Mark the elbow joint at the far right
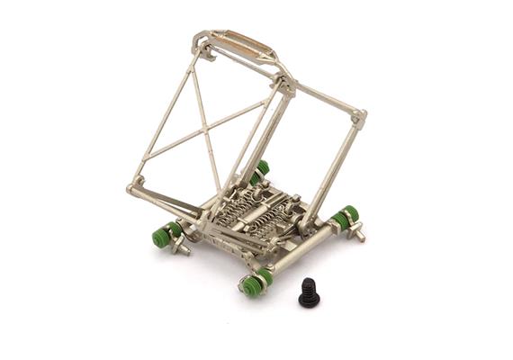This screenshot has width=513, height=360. pyautogui.click(x=358, y=117)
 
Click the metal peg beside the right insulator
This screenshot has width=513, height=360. pyautogui.click(x=358, y=234)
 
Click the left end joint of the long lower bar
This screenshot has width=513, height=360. pyautogui.click(x=134, y=190)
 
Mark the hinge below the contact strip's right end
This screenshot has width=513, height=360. pyautogui.click(x=286, y=86)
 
